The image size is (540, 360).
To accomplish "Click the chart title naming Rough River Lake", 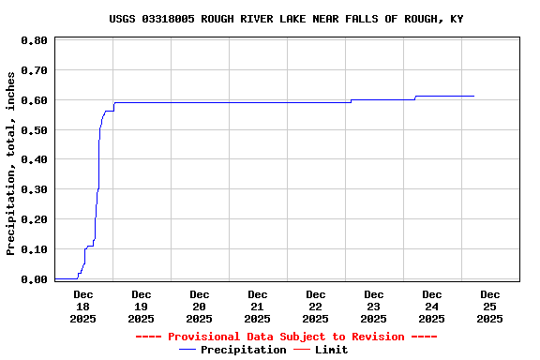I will (286, 19).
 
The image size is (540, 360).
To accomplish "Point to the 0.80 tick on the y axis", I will (34, 40).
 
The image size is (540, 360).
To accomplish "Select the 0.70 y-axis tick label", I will (34, 70).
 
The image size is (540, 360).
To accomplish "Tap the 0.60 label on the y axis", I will (34, 100).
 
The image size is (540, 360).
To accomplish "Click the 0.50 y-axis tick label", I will (34, 130).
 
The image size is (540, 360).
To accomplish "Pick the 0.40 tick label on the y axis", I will (34, 159).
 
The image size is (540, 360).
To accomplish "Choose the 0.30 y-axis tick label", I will (34, 189).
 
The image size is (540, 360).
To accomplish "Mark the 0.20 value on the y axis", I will (34, 219).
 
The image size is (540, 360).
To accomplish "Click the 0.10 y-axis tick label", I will (34, 249).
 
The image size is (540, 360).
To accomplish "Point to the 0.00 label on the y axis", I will (34, 279).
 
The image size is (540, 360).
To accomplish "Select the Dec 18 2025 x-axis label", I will (82, 307).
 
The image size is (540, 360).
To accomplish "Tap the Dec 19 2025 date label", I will (141, 307).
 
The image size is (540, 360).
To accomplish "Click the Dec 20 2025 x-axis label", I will (199, 307).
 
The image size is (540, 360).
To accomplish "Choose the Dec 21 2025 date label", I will (257, 307).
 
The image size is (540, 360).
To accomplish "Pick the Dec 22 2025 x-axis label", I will (315, 307).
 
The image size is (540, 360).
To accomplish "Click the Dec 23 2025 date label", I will (373, 307).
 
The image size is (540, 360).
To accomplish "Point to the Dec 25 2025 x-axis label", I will (489, 307).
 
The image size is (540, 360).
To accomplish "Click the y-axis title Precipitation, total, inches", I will (11, 175).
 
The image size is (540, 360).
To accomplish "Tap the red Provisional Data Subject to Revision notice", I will (286, 337).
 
